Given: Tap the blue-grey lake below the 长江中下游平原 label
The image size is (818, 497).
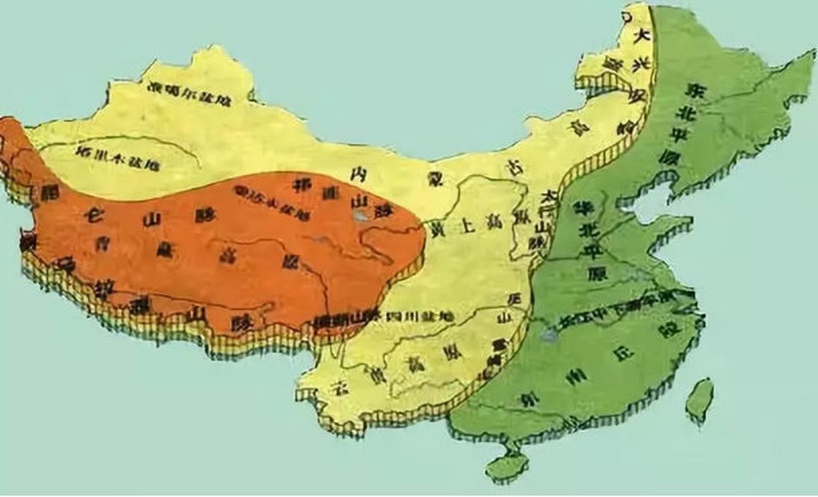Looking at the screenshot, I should [549, 334].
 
